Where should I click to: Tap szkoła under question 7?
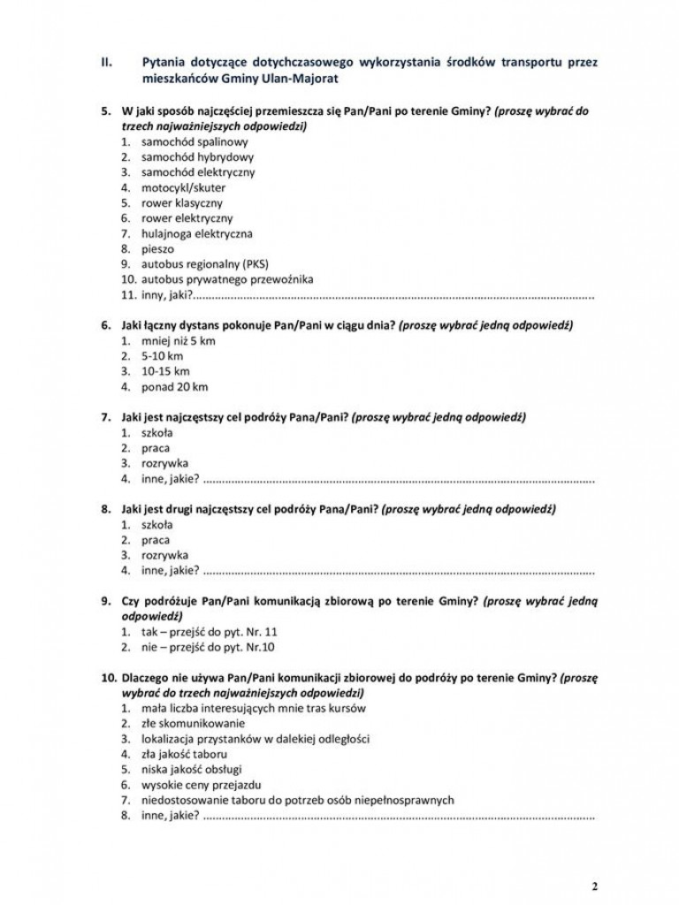(156, 432)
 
